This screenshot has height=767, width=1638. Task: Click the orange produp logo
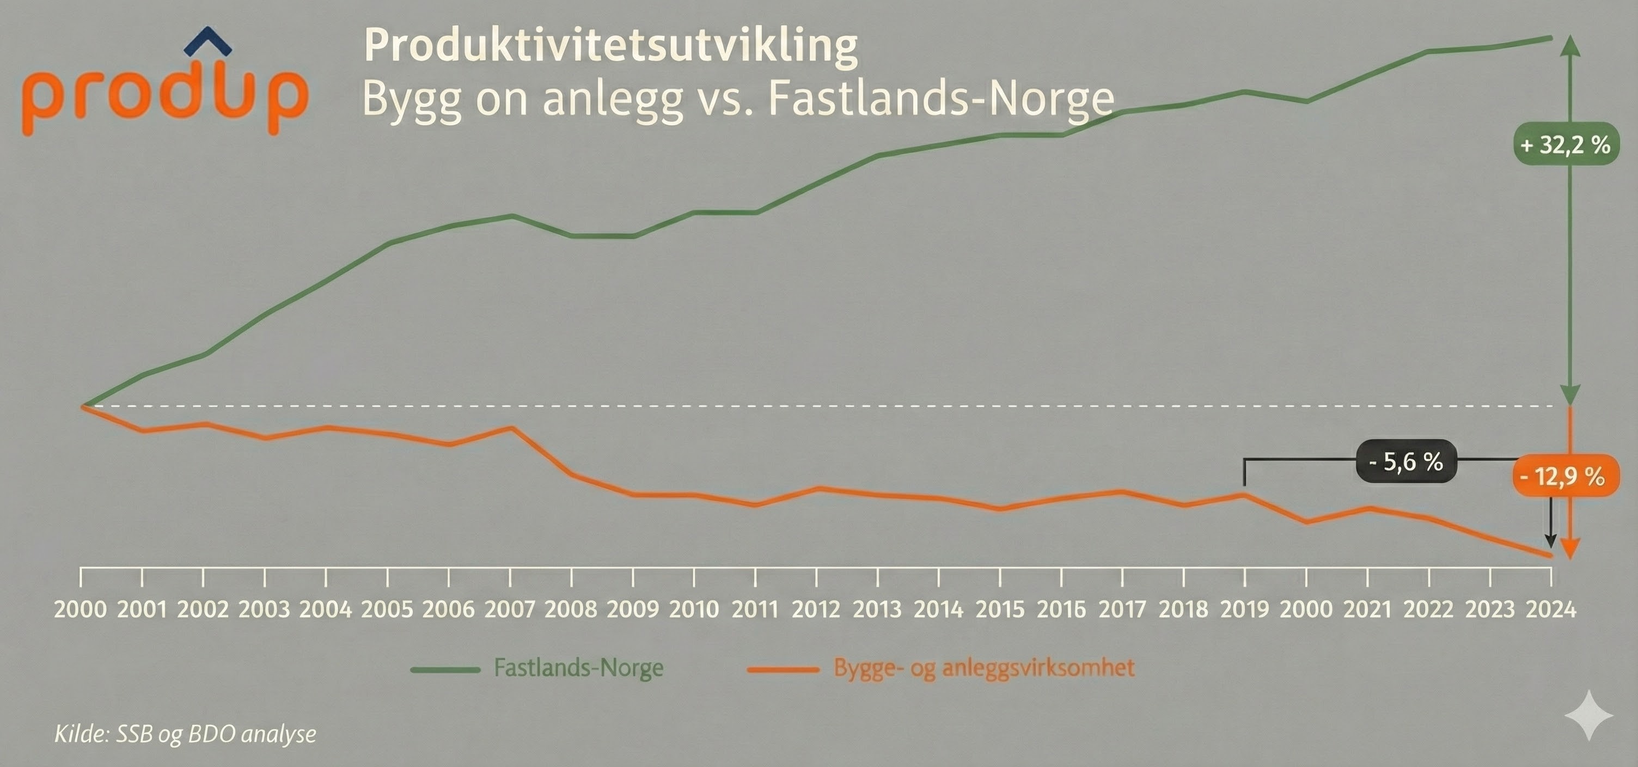click(164, 95)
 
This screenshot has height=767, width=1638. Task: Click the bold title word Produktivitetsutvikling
click(610, 46)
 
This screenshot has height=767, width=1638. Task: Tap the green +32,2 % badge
click(1565, 144)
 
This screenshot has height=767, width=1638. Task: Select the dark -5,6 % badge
click(1405, 462)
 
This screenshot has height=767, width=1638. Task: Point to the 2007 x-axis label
click(510, 609)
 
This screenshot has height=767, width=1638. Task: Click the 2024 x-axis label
click(1551, 609)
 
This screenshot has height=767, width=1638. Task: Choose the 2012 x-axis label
click(816, 609)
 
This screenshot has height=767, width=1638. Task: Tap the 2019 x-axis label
click(1244, 609)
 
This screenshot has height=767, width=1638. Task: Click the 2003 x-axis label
click(264, 609)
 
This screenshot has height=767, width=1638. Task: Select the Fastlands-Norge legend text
click(579, 668)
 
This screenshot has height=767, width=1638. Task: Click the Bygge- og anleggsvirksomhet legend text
click(983, 668)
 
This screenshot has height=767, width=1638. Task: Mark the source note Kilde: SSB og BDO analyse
click(185, 734)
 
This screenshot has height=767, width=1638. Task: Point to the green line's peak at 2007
click(511, 216)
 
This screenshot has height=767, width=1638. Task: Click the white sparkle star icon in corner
click(1588, 715)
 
